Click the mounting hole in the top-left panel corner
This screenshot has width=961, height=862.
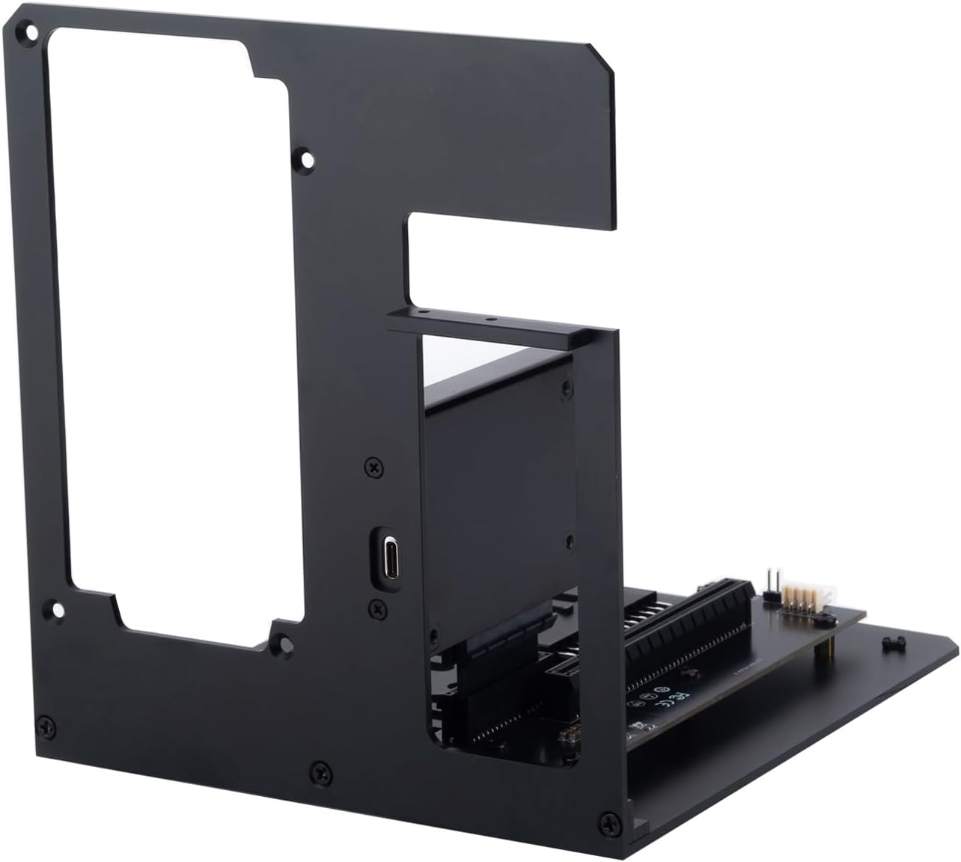click(x=31, y=32)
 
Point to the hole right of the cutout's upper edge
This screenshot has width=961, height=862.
click(x=305, y=159)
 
